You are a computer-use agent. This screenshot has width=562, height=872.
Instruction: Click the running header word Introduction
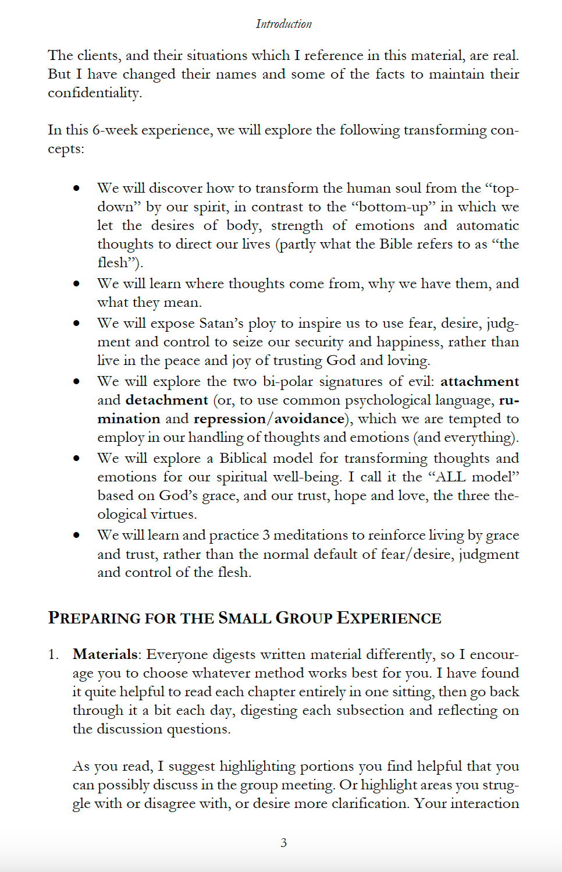(x=283, y=24)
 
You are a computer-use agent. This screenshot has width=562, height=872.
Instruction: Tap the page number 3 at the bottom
(x=283, y=842)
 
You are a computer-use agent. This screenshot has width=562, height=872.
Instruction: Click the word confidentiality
(x=94, y=93)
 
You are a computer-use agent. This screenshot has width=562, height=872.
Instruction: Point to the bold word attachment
(x=479, y=381)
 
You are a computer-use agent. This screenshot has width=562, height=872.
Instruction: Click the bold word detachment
(x=166, y=400)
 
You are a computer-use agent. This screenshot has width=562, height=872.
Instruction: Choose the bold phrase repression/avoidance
(x=269, y=419)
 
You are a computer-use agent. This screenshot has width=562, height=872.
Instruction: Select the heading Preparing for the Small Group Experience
(x=244, y=618)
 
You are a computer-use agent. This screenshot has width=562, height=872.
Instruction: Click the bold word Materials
(x=105, y=654)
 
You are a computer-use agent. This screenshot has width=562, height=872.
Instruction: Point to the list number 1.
(x=53, y=654)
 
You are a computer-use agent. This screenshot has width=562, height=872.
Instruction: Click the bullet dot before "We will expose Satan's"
(x=76, y=323)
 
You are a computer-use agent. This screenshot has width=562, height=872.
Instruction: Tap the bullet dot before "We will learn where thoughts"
(x=76, y=283)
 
